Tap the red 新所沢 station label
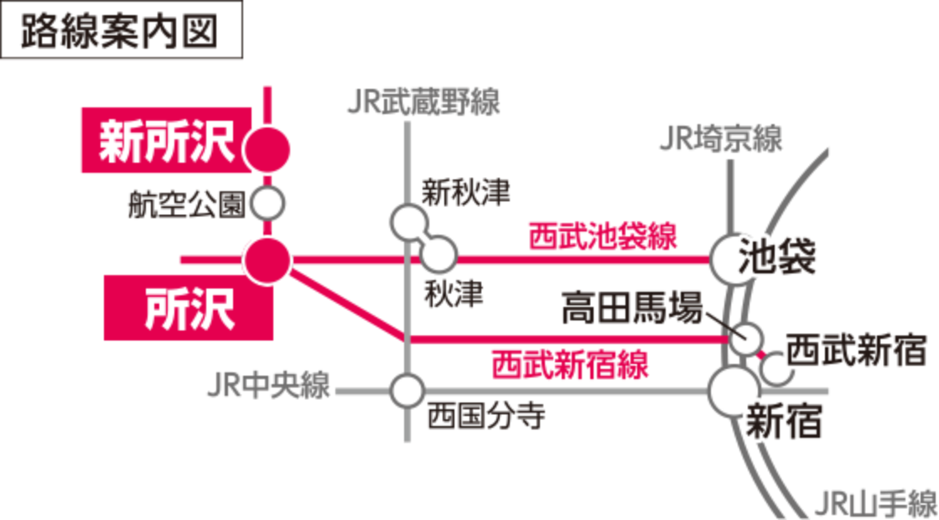pos(166,141)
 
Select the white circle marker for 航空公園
pos(269,203)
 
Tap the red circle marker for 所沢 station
pos(267,260)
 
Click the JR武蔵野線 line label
pos(423,103)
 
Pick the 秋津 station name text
pos(453,294)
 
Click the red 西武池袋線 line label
pos(601,237)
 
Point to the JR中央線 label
pos(268,389)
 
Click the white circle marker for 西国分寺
pos(407,390)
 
